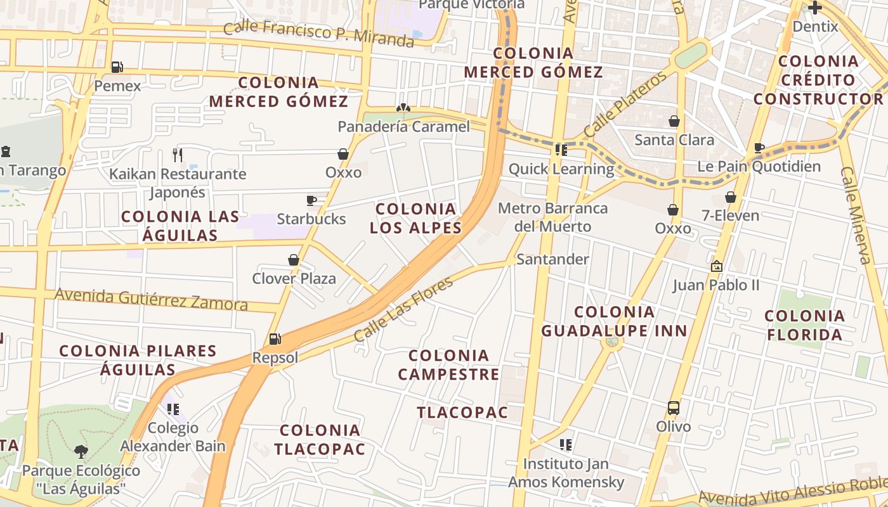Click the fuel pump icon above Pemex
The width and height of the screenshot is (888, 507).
[117, 67]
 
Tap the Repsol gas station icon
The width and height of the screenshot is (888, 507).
[275, 339]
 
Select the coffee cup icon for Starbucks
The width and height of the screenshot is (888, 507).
[311, 201]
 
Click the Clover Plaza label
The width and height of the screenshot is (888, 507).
[294, 278]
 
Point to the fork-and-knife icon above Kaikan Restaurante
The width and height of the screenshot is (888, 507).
[178, 154]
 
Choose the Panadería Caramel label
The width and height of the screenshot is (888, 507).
[403, 127]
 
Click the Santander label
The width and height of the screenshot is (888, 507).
[552, 259]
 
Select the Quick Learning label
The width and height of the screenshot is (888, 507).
[561, 169]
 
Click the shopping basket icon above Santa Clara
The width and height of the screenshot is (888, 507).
[674, 121]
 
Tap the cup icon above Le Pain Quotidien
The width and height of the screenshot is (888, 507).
[759, 148]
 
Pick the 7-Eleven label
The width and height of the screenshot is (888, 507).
[730, 215]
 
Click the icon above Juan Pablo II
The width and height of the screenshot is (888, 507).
[717, 266]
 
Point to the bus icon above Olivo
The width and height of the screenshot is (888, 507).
[674, 408]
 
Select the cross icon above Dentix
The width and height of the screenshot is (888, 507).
[815, 8]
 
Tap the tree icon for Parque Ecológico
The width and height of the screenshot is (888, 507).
[81, 452]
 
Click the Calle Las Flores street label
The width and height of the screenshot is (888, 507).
[403, 309]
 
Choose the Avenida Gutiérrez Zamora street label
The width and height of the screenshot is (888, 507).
[151, 299]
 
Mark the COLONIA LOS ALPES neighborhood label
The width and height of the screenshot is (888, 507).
[415, 218]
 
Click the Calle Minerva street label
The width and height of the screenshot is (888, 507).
[856, 215]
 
